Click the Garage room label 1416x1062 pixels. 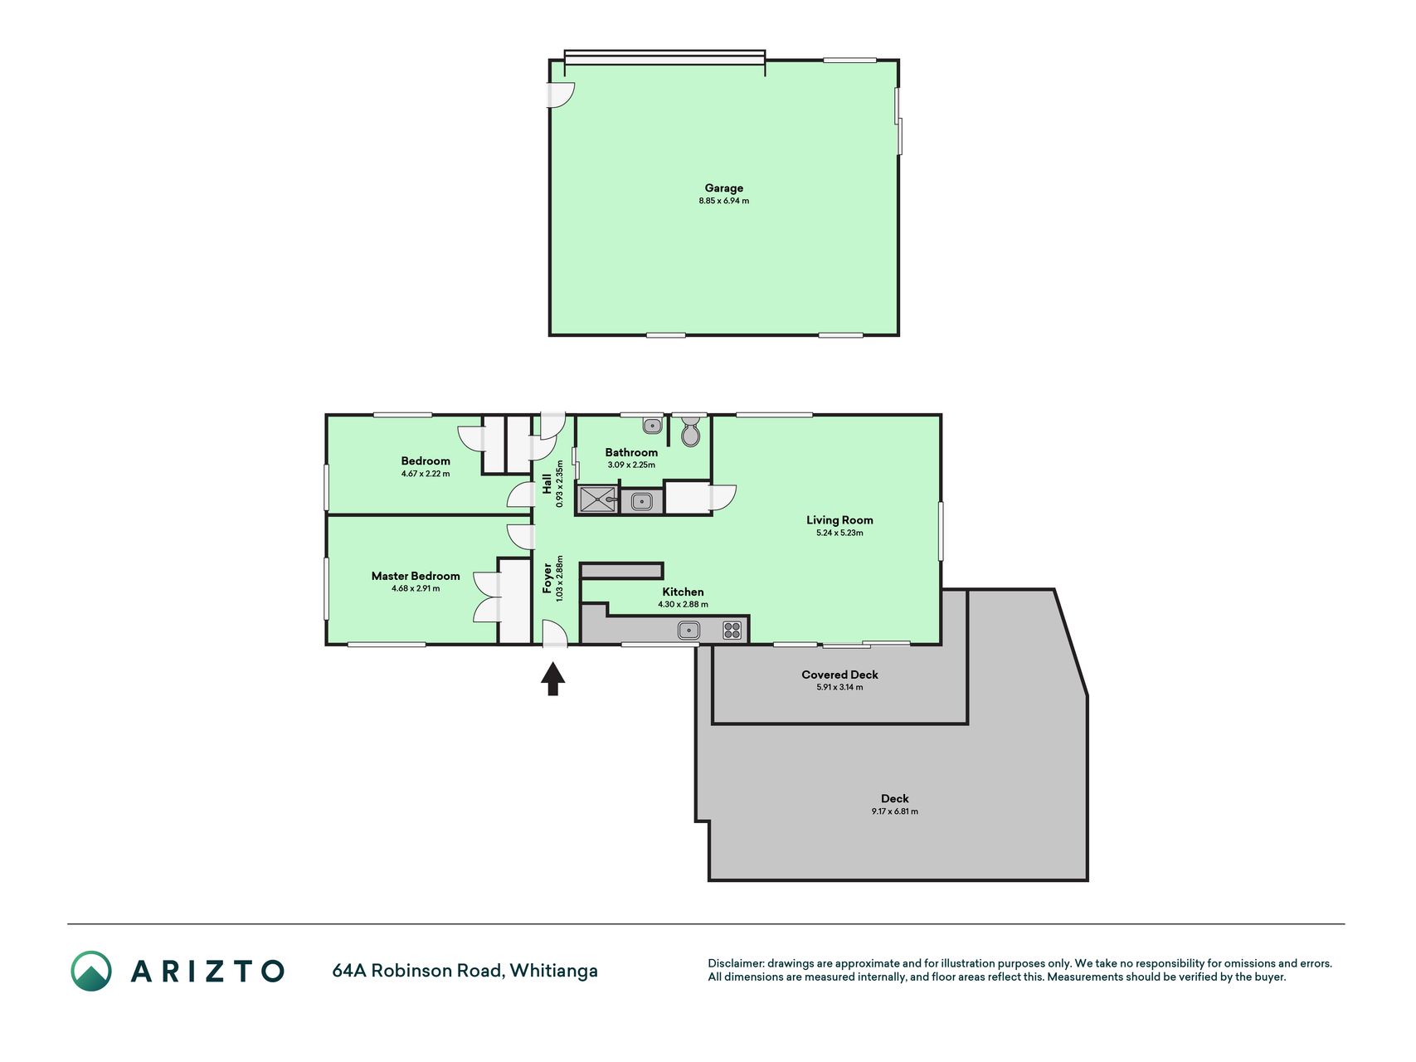click(x=723, y=188)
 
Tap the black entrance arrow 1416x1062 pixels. click(x=553, y=678)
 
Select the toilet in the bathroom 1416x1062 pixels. click(x=690, y=431)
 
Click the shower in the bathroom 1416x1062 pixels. click(x=597, y=500)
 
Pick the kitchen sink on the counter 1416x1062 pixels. click(x=689, y=631)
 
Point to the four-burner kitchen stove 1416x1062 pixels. click(x=732, y=631)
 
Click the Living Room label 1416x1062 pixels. click(x=839, y=520)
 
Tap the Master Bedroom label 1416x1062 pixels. click(x=416, y=576)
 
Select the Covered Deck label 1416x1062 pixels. click(x=839, y=675)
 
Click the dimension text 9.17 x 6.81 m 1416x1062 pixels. click(x=894, y=811)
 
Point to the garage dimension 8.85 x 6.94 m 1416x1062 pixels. click(x=723, y=201)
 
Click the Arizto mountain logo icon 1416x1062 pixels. click(x=91, y=971)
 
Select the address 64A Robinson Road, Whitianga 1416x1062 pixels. click(x=465, y=971)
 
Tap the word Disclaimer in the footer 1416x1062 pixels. click(x=735, y=963)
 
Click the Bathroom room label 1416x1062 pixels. click(x=631, y=452)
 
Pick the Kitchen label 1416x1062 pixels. click(x=683, y=592)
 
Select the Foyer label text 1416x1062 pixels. click(x=547, y=578)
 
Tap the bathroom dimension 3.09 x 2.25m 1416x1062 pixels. click(x=631, y=465)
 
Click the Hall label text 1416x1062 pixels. click(x=547, y=484)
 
